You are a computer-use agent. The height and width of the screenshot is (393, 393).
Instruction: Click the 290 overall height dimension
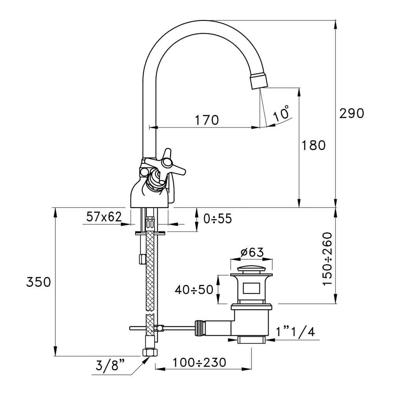pyautogui.click(x=352, y=113)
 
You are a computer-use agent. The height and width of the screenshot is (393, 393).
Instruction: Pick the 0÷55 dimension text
pyautogui.click(x=215, y=219)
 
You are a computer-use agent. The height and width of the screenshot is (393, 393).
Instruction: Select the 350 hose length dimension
pyautogui.click(x=39, y=282)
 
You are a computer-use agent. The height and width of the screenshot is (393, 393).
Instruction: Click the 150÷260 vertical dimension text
pyautogui.click(x=327, y=259)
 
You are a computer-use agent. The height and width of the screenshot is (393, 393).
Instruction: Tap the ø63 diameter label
pyautogui.click(x=251, y=252)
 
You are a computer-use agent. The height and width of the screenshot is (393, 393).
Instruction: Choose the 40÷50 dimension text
pyautogui.click(x=194, y=290)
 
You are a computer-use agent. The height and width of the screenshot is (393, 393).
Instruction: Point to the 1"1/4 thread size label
pyautogui.click(x=295, y=332)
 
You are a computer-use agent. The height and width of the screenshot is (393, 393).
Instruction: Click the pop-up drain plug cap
pyautogui.click(x=251, y=271)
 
